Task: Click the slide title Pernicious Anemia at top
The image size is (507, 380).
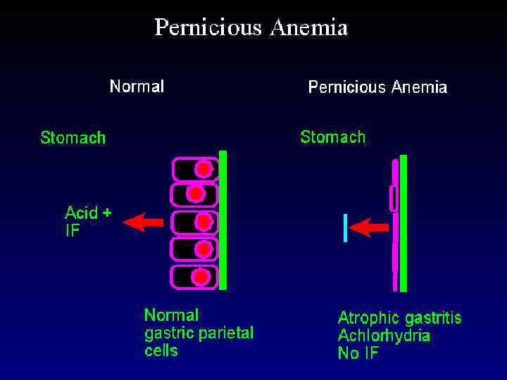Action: pyautogui.click(x=251, y=28)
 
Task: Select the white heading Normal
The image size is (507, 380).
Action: pyautogui.click(x=137, y=87)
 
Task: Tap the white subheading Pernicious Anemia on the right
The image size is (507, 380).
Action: pyautogui.click(x=377, y=87)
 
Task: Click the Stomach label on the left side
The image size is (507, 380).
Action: pyautogui.click(x=73, y=137)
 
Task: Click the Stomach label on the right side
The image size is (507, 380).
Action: pyautogui.click(x=333, y=137)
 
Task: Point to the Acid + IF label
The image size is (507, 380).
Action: pyautogui.click(x=87, y=221)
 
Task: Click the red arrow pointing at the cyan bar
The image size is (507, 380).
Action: pyautogui.click(x=369, y=227)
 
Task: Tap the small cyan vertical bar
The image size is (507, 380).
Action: pyautogui.click(x=345, y=227)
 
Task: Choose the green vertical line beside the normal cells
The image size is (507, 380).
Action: pyautogui.click(x=223, y=220)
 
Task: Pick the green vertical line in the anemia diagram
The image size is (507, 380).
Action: pyautogui.click(x=403, y=222)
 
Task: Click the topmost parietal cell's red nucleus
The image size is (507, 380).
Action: pyautogui.click(x=204, y=169)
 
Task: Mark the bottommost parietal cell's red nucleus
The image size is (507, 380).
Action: pyautogui.click(x=201, y=277)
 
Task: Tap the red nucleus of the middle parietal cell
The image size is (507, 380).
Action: pyautogui.click(x=204, y=222)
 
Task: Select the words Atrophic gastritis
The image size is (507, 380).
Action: pyautogui.click(x=399, y=318)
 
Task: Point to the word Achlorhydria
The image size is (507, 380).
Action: pyautogui.click(x=384, y=336)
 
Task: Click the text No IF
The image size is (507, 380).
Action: pyautogui.click(x=358, y=353)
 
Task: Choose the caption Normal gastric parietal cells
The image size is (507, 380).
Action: pyautogui.click(x=199, y=332)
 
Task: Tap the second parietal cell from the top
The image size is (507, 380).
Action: pyautogui.click(x=194, y=194)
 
